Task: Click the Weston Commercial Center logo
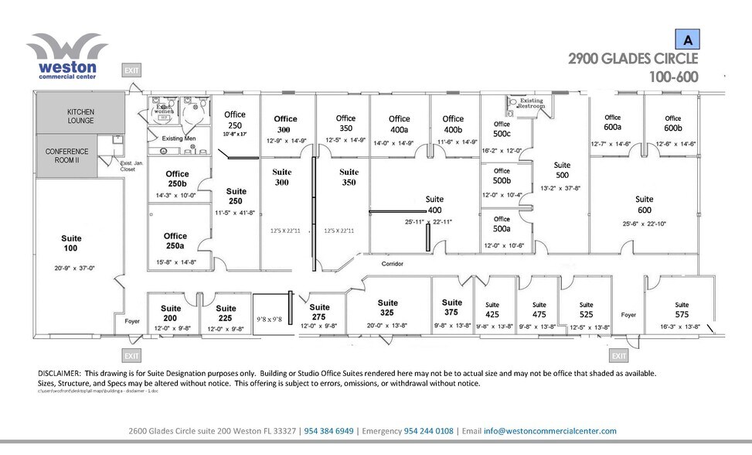pos(66,56)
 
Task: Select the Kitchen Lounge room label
pos(80,116)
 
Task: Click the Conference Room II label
pos(67,156)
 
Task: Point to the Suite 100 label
pos(71,243)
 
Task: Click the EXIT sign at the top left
pos(131,70)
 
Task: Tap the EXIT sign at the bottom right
pos(618,356)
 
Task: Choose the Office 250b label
pos(177,179)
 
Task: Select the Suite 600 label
pos(644,204)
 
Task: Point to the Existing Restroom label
pos(531,104)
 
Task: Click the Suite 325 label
pos(388,308)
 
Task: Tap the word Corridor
pos(393,264)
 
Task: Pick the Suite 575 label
pos(681,310)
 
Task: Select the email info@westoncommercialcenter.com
pos(550,431)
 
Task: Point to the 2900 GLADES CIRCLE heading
pos(633,59)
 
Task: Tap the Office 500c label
pos(502,128)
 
